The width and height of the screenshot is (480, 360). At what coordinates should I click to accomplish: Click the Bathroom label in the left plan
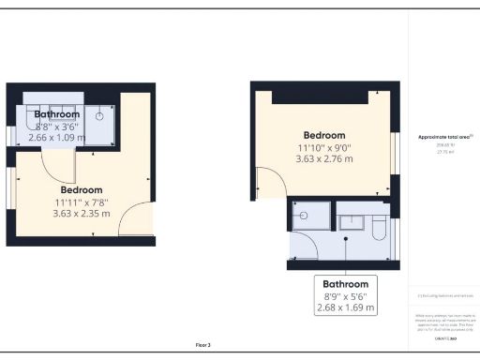tap(57, 114)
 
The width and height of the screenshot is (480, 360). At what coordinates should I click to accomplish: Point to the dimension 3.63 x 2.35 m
tap(81, 213)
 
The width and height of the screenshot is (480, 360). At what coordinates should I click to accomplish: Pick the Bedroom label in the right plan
tap(324, 135)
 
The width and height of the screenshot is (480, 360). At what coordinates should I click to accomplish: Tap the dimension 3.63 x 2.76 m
tap(325, 158)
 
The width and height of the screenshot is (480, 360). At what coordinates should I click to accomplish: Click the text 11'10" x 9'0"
tap(324, 147)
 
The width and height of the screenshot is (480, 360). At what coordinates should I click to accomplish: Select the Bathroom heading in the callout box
tap(346, 284)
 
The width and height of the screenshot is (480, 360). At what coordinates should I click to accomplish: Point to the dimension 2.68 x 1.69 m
tap(346, 307)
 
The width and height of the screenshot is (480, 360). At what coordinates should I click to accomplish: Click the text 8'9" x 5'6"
tap(346, 295)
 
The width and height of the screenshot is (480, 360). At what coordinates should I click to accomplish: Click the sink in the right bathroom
tap(352, 222)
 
